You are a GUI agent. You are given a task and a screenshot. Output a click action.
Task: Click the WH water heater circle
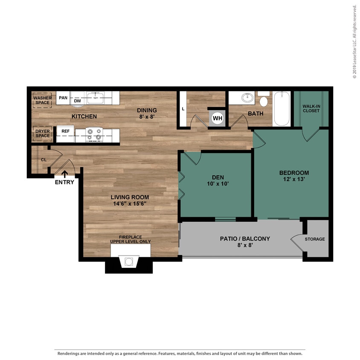click(218, 118)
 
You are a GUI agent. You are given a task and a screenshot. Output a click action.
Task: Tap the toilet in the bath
click(264, 100)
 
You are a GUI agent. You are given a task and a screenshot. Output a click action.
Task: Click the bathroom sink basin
click(247, 98)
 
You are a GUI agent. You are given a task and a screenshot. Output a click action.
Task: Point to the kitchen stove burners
click(94, 134)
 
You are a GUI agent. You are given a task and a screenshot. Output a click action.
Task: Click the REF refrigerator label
click(65, 131)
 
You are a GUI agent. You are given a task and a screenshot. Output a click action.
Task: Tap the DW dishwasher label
click(78, 101)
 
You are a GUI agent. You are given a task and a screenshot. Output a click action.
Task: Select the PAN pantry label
click(63, 98)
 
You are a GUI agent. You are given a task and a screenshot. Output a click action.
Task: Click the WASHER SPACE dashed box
click(42, 100)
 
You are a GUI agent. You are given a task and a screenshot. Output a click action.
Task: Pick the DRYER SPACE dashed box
click(42, 134)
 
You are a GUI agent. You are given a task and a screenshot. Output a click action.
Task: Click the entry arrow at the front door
click(65, 174)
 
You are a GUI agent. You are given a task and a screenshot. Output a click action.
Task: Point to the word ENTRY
click(64, 182)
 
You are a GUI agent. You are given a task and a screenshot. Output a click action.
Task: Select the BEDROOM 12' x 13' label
click(294, 176)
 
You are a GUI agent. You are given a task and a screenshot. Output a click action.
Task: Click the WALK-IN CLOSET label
click(311, 108)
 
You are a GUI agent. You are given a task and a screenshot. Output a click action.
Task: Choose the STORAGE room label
click(314, 239)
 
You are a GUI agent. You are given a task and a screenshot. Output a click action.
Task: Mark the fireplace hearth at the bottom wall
click(129, 262)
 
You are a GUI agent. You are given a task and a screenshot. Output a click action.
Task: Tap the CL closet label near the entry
click(44, 160)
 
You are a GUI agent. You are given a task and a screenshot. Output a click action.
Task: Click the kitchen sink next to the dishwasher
click(95, 98)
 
